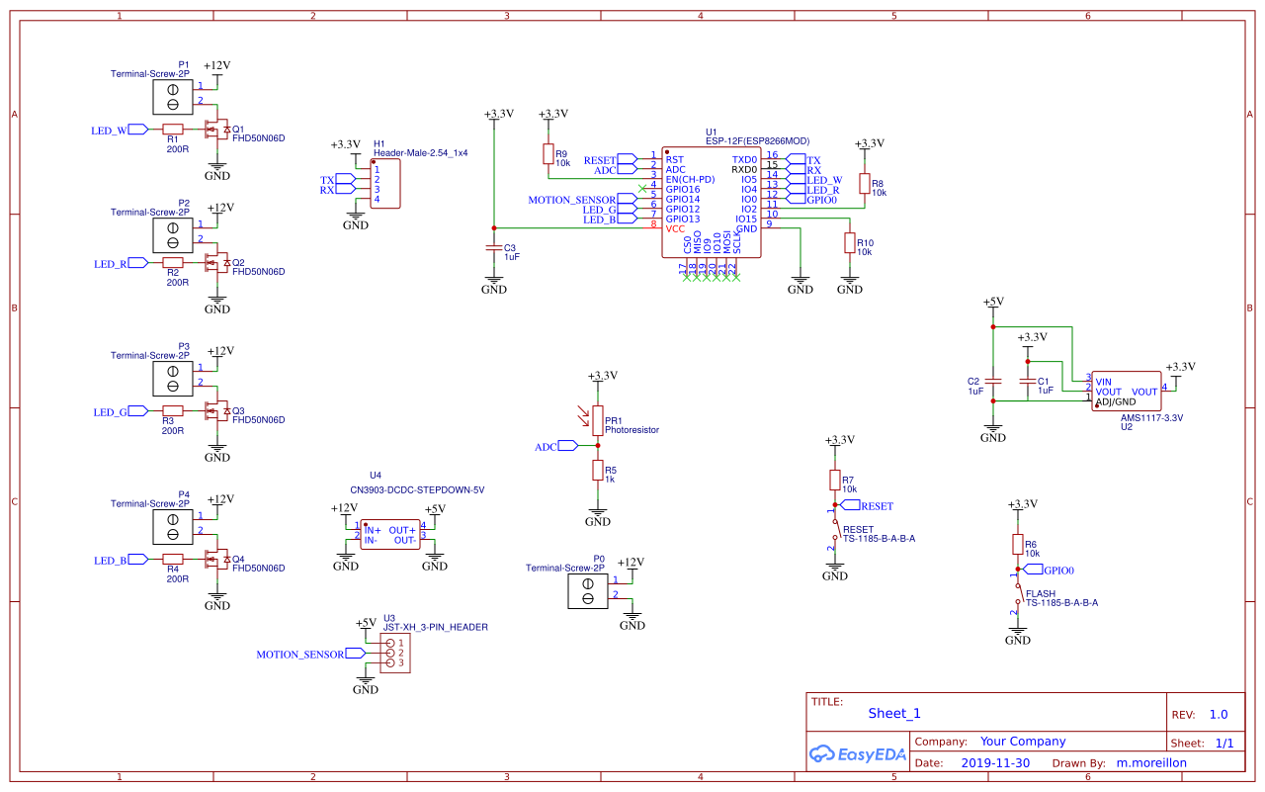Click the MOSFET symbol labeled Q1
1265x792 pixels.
tap(214, 130)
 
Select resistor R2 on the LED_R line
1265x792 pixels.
tap(173, 262)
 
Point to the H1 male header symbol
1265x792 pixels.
tap(384, 184)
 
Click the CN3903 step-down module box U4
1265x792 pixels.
tap(389, 535)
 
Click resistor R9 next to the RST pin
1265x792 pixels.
tap(548, 153)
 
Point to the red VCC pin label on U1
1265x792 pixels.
tap(675, 228)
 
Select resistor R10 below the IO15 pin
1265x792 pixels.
tap(849, 243)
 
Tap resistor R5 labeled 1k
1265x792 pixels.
tap(598, 470)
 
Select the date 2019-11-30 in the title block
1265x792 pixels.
tap(995, 762)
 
